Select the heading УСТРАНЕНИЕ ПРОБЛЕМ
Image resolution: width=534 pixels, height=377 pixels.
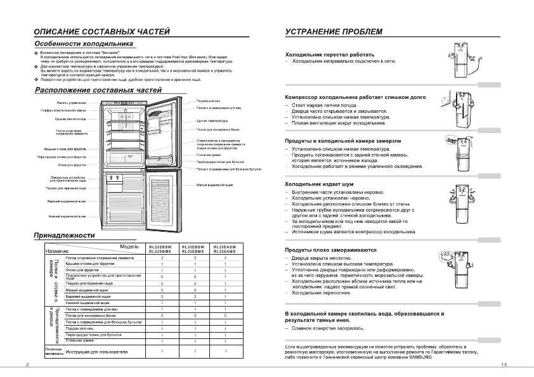pos(334,31)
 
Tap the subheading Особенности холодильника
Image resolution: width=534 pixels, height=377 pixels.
pos(83,44)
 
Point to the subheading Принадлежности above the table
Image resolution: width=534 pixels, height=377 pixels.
pos(64,236)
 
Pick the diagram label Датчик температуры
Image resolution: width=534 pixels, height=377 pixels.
pos(212,120)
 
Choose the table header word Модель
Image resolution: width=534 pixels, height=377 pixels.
pos(129,246)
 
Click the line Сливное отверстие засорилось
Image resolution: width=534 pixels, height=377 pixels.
pos(328,329)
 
